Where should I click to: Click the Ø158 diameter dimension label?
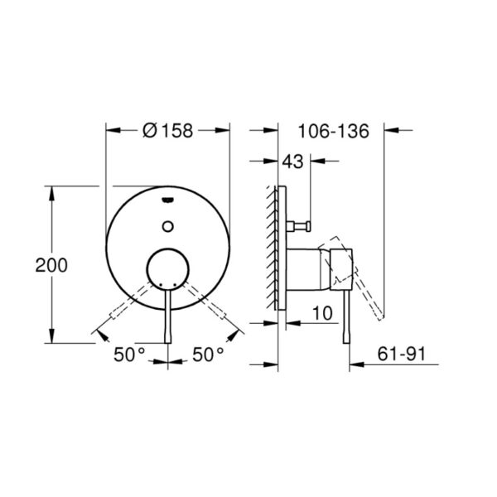(x=167, y=130)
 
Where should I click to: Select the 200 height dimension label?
(x=51, y=265)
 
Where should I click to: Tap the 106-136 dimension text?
(x=334, y=131)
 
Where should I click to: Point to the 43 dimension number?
(x=293, y=162)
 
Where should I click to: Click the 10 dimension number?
(x=323, y=313)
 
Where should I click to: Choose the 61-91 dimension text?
(x=401, y=354)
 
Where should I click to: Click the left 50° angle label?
(x=129, y=355)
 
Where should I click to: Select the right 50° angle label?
(x=208, y=355)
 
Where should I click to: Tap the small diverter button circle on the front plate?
(x=167, y=226)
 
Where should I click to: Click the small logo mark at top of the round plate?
(x=167, y=200)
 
